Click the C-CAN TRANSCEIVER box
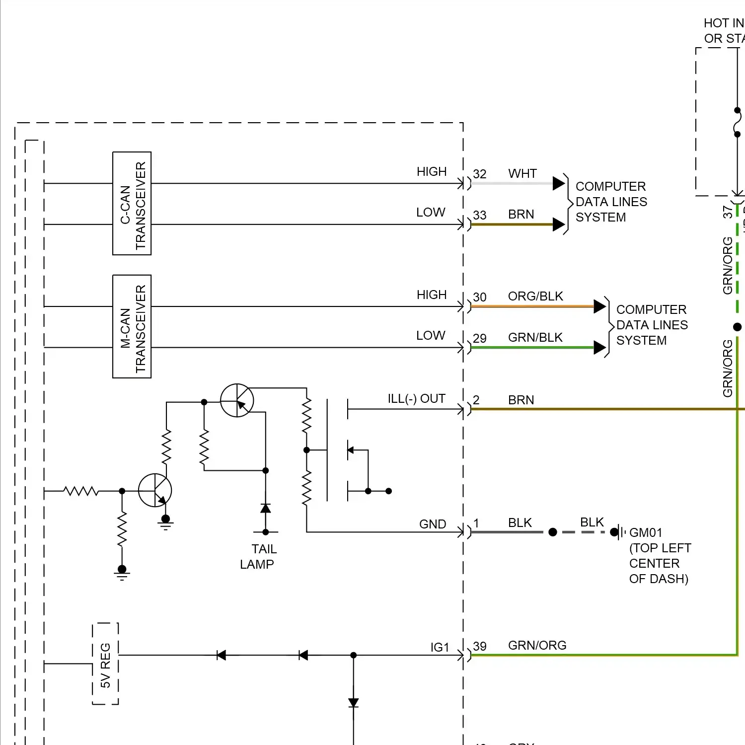[132, 204]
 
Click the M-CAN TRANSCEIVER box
[132, 326]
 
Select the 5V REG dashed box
[105, 664]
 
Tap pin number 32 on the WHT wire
[479, 174]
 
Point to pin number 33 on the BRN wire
[479, 216]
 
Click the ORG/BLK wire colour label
[535, 297]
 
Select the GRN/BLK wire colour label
[535, 338]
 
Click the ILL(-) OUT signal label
[416, 399]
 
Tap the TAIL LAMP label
[257, 557]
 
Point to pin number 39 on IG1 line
[479, 647]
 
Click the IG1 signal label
[440, 648]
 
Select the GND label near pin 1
[433, 524]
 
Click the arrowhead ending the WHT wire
[559, 183]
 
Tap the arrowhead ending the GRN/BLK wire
[599, 348]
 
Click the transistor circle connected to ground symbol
[155, 490]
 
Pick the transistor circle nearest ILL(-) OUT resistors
[237, 400]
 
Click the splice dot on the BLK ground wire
[553, 532]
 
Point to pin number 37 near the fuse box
[728, 212]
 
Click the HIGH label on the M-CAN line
[431, 295]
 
